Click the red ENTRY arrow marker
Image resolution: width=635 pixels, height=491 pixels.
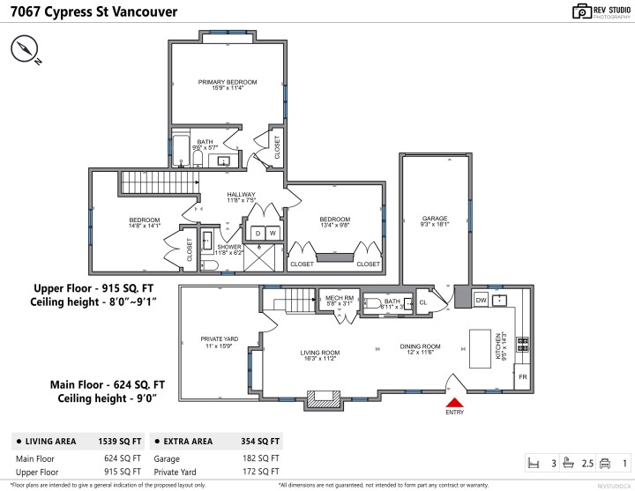click(x=454, y=402)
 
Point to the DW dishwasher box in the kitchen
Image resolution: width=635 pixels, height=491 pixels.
click(x=482, y=300)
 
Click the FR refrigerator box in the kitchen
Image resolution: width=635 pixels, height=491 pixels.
click(x=522, y=376)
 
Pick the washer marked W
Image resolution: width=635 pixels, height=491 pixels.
click(x=273, y=233)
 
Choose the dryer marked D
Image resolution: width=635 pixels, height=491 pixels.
click(x=258, y=233)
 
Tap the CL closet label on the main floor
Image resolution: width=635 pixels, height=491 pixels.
click(x=422, y=301)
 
